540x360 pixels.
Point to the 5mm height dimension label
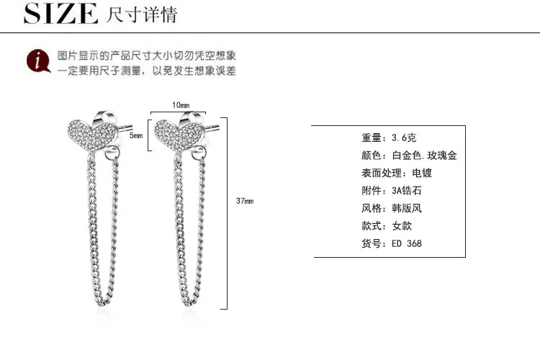pyautogui.click(x=136, y=135)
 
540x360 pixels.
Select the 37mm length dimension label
pyautogui.click(x=245, y=201)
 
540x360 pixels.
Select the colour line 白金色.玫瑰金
pyautogui.click(x=409, y=156)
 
